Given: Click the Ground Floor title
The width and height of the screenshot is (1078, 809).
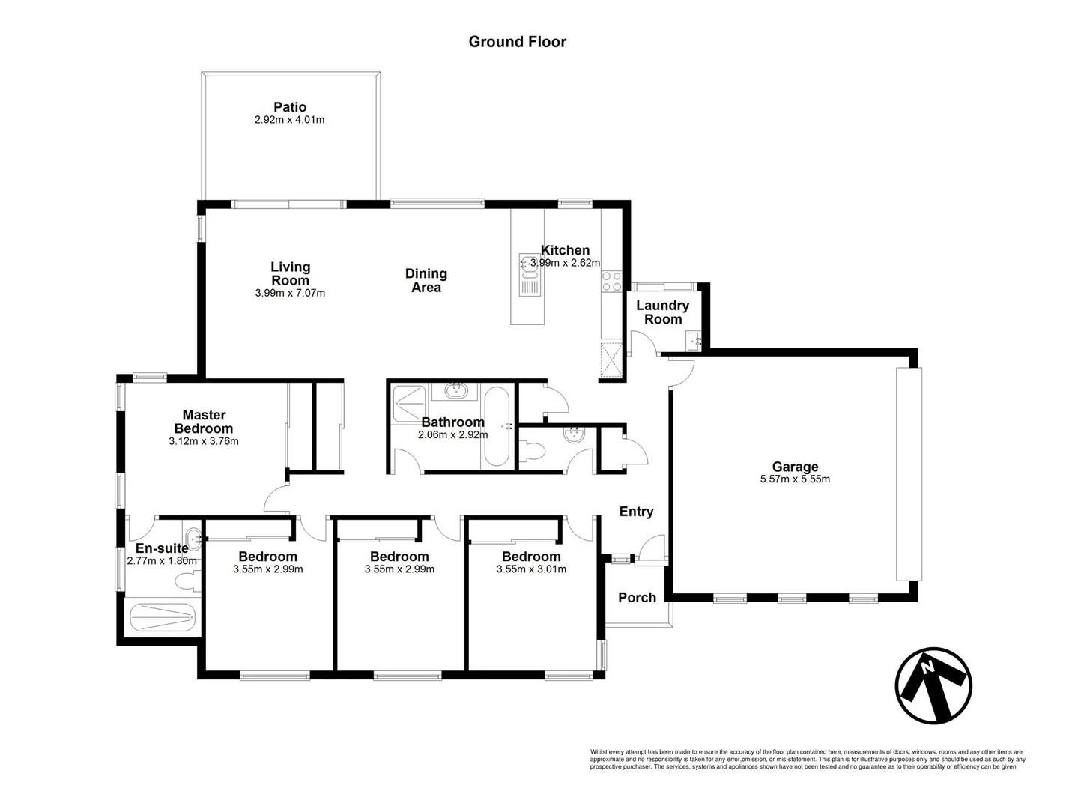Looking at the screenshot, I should pos(517,42).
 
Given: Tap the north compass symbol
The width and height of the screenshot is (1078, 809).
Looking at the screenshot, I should pos(933,685).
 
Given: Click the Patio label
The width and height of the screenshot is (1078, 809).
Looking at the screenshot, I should pos(289,107).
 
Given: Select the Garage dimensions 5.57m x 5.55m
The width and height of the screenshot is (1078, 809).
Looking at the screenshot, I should pos(794,479).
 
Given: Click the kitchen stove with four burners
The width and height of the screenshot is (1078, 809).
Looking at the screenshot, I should pos(611,281).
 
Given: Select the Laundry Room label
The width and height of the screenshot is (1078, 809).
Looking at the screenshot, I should pos(662,312).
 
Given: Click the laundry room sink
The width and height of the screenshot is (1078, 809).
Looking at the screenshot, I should pos(694,341).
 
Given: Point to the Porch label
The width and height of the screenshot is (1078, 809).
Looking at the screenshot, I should pos(637,597).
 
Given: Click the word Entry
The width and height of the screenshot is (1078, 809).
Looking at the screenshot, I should pos(636,512).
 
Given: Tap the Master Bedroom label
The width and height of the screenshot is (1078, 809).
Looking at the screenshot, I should pos(204,422).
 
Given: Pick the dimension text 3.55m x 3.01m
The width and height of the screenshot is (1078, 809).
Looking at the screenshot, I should pos(531,569).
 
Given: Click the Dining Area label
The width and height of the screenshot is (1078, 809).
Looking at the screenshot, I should pos(426,280).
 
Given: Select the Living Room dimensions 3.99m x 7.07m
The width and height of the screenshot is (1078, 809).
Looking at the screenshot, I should pos(290,293).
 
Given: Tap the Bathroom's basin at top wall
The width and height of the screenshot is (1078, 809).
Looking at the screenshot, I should pos(456,390).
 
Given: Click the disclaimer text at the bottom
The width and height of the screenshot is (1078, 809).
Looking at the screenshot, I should pos(807,759).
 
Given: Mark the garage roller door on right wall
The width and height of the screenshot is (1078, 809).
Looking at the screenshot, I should pos(909,473).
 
